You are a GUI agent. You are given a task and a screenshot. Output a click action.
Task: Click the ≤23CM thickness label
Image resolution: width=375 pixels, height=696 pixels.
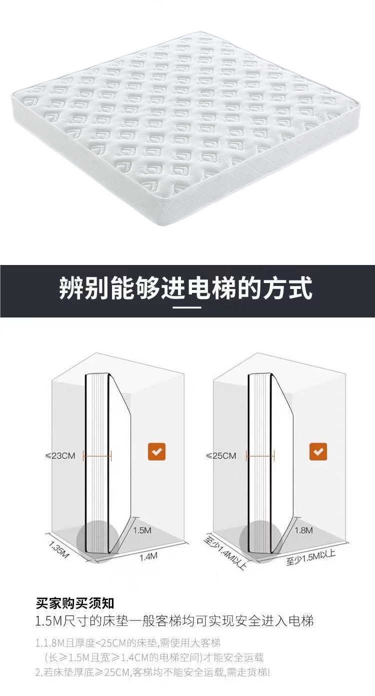60,455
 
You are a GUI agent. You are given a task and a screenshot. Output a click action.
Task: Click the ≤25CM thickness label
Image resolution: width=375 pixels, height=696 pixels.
221,455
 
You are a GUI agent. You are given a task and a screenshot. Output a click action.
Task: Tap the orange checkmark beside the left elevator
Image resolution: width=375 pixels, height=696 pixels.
156,451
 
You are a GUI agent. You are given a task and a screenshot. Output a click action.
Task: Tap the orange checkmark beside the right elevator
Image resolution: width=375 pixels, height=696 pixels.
318,451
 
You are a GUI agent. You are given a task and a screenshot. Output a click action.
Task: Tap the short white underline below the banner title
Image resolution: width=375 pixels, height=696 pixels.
187,307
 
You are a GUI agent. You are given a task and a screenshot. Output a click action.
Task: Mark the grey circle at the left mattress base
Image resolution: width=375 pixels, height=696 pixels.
97,540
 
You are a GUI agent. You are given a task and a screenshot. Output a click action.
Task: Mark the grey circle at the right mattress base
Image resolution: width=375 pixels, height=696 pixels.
260,540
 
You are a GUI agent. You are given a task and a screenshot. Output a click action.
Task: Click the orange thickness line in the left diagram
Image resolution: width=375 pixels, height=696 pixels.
97,455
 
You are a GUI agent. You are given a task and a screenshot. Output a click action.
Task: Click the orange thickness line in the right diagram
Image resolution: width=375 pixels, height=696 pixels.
260,455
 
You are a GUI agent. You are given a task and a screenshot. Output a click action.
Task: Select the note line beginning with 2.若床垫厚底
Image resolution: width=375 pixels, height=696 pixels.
152,672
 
